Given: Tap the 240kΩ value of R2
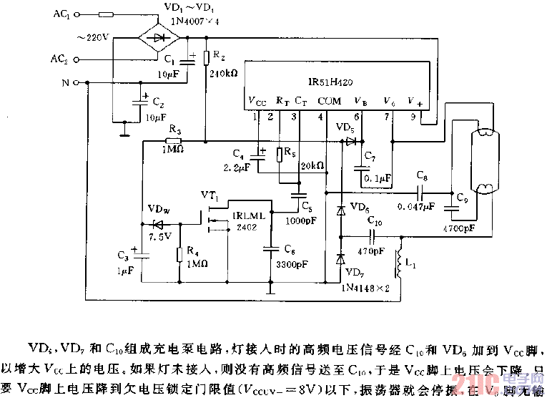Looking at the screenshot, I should [221, 72].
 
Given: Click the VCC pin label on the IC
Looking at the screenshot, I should [258, 101].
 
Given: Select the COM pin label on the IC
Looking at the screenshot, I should [329, 101].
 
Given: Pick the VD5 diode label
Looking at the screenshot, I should [345, 128].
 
